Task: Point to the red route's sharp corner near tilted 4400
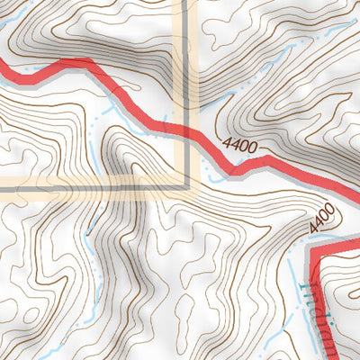coord(311,250)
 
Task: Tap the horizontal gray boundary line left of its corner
coord(90,186)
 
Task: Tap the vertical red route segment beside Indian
coord(315,306)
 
